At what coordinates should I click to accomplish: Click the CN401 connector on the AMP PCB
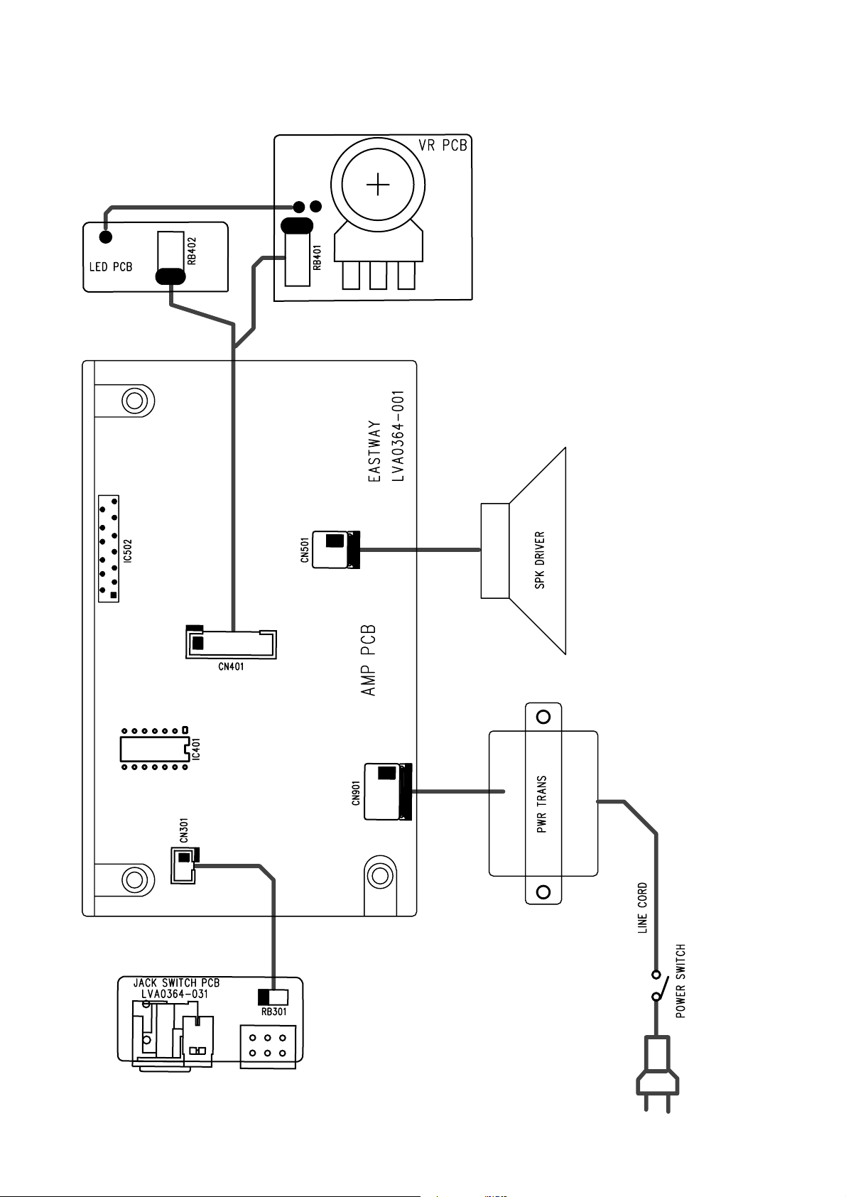pos(230,644)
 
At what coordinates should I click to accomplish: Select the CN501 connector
pos(335,549)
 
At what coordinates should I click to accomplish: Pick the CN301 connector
pos(184,865)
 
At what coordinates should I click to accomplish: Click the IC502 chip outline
pos(109,548)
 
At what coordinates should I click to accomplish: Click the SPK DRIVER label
pos(540,560)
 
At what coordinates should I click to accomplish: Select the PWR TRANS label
pos(543,803)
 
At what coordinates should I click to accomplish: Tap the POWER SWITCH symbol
pos(658,985)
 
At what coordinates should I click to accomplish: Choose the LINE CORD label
pos(643,907)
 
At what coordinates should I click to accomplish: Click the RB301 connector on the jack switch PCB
pos(273,997)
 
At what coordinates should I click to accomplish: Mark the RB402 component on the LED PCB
pos(169,259)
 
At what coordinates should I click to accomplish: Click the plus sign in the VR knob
pos(378,187)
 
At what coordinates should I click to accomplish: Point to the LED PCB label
pos(110,268)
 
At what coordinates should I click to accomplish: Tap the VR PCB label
pos(443,146)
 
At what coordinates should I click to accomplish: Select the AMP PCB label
pos(369,660)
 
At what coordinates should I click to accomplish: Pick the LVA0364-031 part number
pos(175,994)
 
